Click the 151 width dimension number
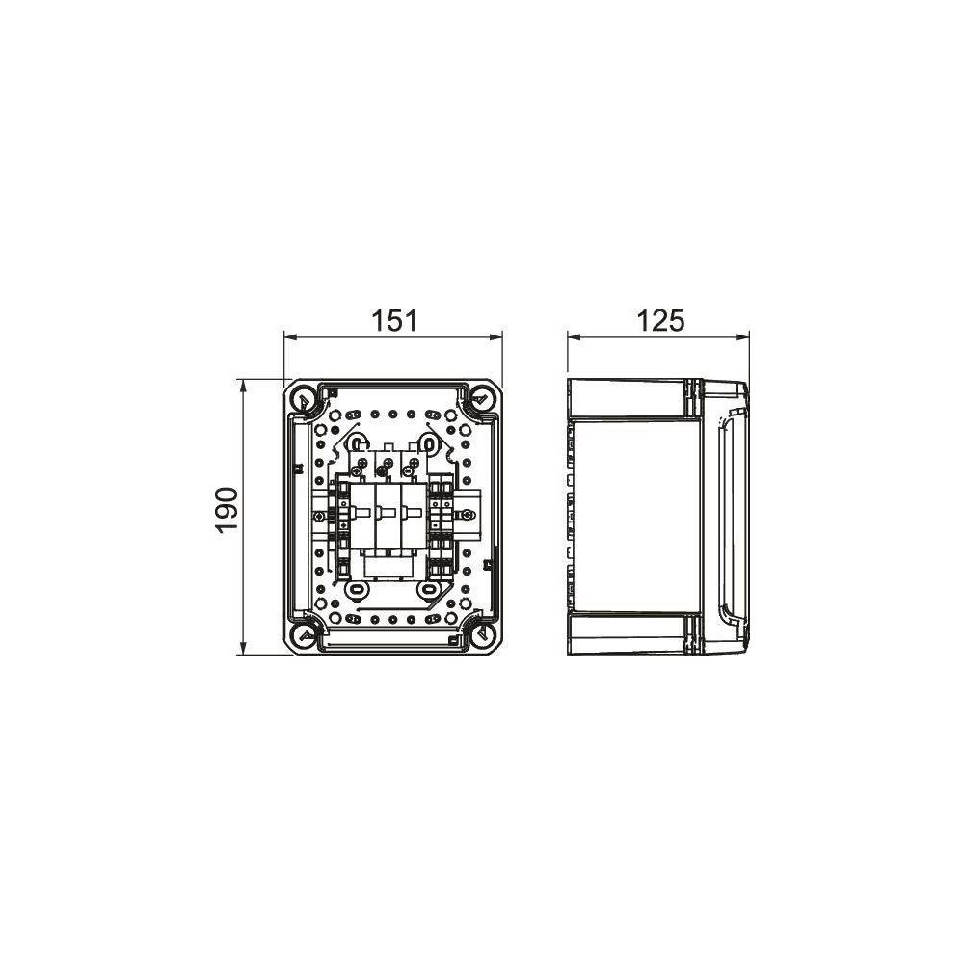pos(394,321)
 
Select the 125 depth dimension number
pos(660,321)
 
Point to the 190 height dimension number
pos(228,510)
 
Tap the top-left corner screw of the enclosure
pos(303,400)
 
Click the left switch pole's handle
pos(361,512)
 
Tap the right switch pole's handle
pos(413,512)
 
